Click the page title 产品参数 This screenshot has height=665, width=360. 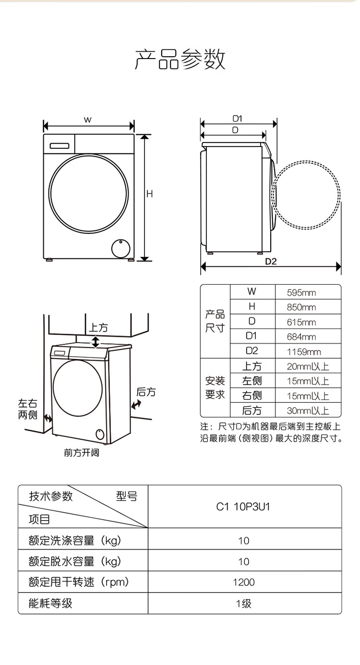[x=180, y=59]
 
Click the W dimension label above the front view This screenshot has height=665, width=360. [x=87, y=120]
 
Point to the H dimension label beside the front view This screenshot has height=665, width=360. [x=150, y=194]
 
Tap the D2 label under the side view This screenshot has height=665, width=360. [x=271, y=261]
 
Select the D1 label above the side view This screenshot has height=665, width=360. [x=238, y=119]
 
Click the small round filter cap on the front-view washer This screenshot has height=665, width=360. [x=121, y=248]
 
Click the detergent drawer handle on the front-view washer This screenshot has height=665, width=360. [x=60, y=146]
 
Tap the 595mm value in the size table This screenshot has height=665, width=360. [x=301, y=293]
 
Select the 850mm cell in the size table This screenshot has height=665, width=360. [x=301, y=307]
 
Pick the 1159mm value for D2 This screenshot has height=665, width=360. [x=304, y=352]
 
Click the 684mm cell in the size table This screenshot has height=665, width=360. [x=301, y=337]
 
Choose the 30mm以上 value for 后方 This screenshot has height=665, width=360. [x=308, y=411]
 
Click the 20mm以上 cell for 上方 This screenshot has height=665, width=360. [x=308, y=366]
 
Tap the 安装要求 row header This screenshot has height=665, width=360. [x=215, y=388]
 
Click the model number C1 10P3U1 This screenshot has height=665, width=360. [x=243, y=507]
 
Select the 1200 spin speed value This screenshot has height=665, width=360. [x=244, y=582]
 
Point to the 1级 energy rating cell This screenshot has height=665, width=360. [x=244, y=604]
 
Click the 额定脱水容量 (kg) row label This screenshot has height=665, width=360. [x=75, y=561]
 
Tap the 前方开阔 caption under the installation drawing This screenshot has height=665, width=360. [x=82, y=453]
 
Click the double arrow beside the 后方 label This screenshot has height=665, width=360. [x=136, y=404]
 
